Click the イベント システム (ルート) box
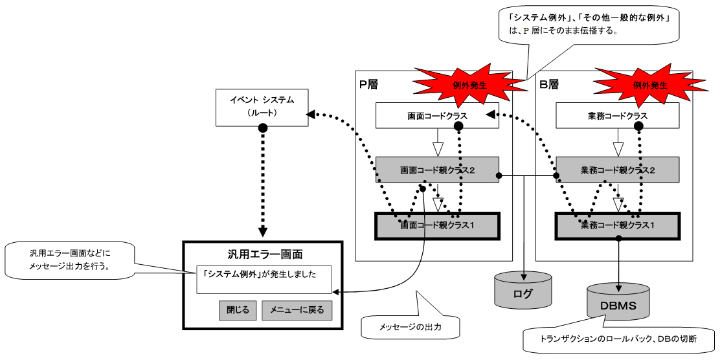[x=262, y=106]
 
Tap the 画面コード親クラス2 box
[x=438, y=170]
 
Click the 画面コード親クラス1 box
[x=438, y=226]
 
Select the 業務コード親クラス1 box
[x=618, y=226]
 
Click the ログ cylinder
[x=523, y=293]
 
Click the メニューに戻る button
[x=297, y=310]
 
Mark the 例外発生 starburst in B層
[x=649, y=84]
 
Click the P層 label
[x=369, y=84]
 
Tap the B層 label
[x=549, y=84]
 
